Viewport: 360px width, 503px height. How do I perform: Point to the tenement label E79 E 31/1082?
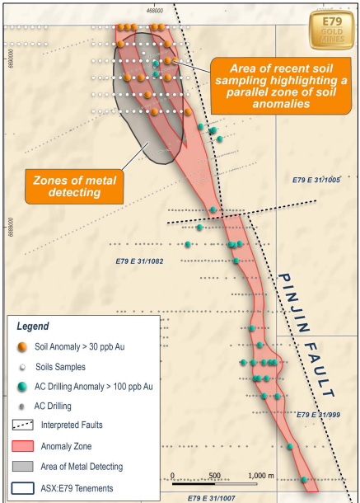pos(139,261)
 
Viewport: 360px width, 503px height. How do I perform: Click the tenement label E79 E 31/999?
pos(318,415)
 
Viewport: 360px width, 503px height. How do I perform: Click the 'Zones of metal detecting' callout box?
pos(73,186)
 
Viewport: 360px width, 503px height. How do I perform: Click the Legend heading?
pos(33,327)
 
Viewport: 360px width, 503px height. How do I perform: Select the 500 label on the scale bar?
pos(215,476)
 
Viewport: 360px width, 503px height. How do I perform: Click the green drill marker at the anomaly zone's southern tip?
pos(305,479)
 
